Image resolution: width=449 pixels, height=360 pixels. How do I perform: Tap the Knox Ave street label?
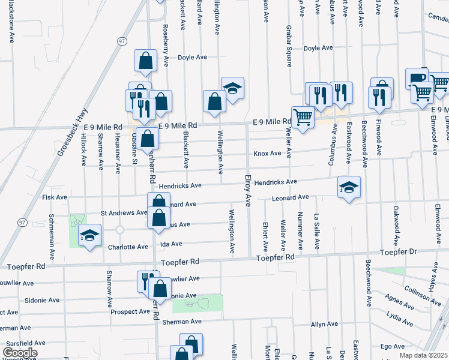267,154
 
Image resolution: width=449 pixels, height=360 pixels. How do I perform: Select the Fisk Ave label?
55,197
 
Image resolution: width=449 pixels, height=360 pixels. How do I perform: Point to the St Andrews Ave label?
124,212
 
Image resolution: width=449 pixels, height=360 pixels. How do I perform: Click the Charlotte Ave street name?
128,247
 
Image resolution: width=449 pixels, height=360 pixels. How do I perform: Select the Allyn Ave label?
324,324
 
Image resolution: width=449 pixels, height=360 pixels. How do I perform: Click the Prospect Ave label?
130,312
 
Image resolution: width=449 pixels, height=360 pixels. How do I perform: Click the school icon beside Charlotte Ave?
89,235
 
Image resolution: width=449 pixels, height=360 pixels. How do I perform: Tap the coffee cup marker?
417,79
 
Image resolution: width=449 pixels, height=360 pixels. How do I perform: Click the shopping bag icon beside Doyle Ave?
146,60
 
